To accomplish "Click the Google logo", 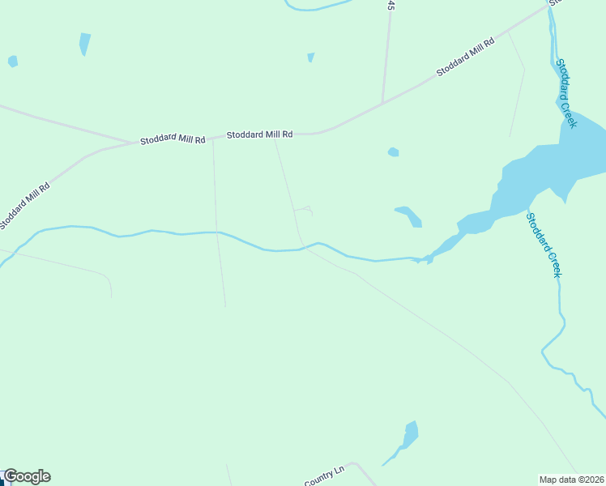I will [27, 476].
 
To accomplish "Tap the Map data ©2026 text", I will [572, 479].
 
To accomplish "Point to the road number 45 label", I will [390, 5].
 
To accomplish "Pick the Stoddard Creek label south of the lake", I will [543, 245].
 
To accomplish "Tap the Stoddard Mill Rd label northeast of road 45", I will [465, 57].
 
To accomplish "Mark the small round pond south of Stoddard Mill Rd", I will [393, 151].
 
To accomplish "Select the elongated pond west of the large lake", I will [409, 215].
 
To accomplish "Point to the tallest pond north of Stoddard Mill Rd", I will [84, 43].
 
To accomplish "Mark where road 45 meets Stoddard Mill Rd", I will [382, 103].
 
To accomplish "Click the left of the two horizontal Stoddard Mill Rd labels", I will [173, 139].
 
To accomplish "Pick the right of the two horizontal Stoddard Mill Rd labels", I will [259, 134].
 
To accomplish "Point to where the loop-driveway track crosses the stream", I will [303, 248].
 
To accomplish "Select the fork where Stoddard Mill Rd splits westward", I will [134, 143].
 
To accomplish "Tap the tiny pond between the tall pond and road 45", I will [310, 57].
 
